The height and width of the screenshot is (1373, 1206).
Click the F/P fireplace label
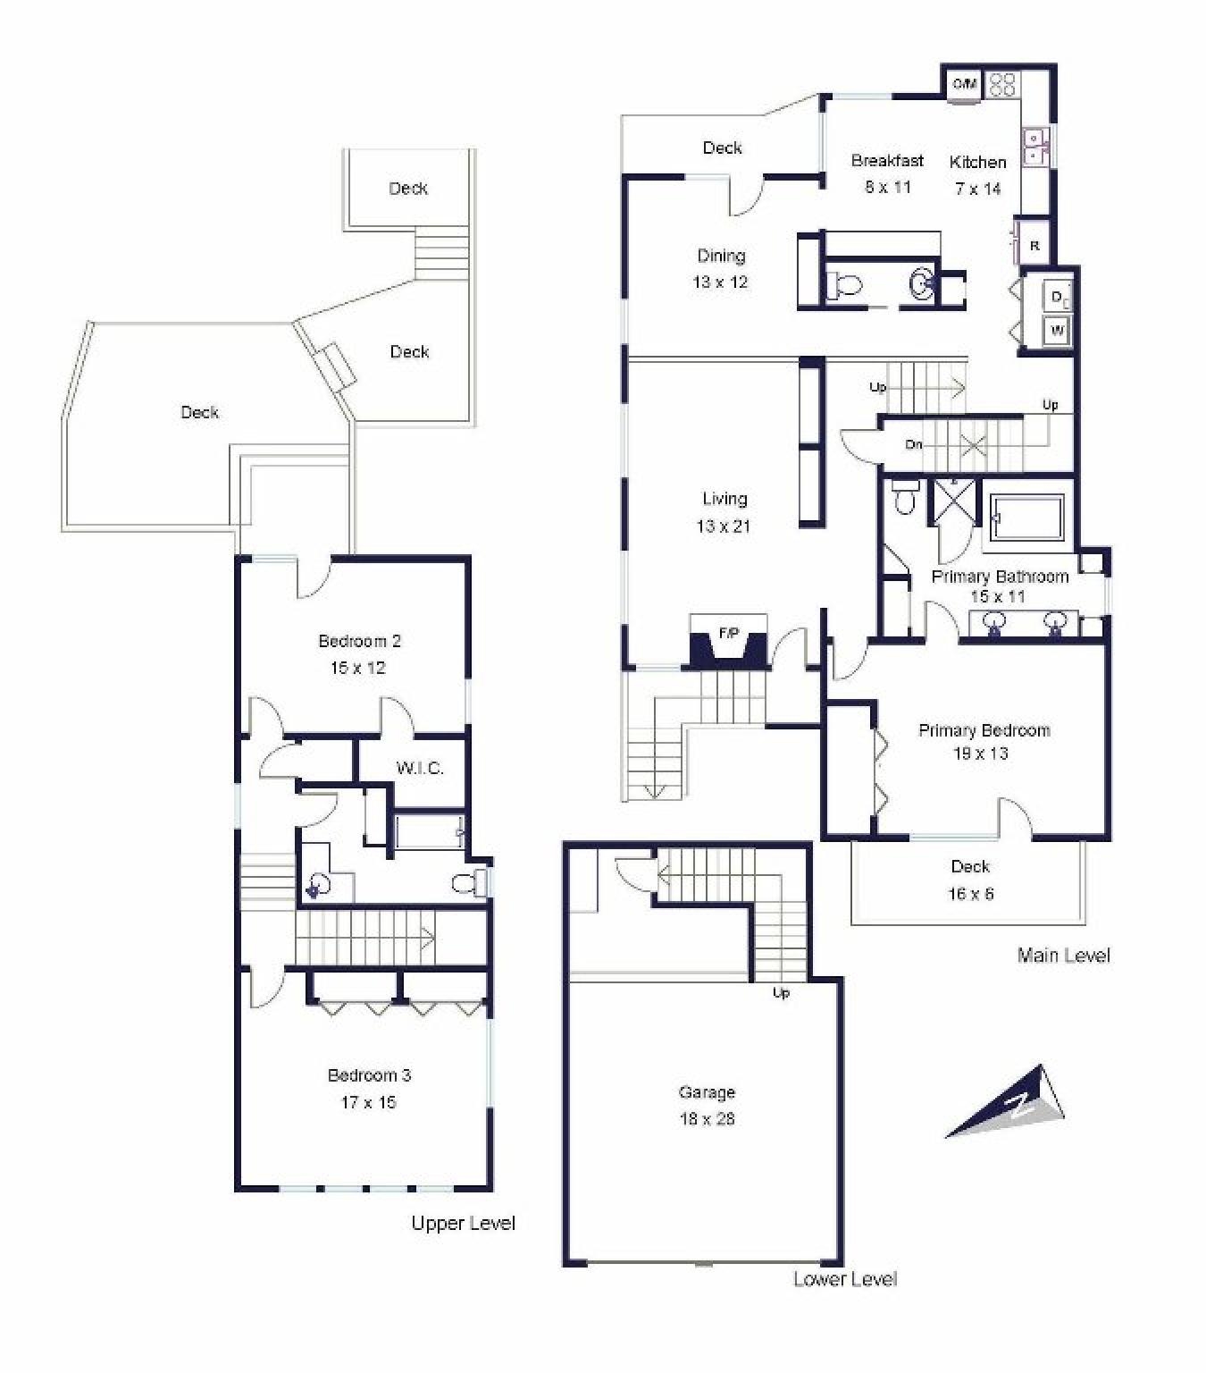[x=729, y=633]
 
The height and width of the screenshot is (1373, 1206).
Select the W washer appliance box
[x=1056, y=332]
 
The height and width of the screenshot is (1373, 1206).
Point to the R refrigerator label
[x=1034, y=246]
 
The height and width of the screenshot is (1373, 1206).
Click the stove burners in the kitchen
[x=1002, y=85]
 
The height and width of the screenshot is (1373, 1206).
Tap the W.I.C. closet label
[x=420, y=769]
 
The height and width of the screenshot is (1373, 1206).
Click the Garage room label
[x=707, y=1091]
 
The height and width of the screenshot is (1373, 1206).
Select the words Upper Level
[x=463, y=1223]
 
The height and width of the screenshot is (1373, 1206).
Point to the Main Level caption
[x=1064, y=956]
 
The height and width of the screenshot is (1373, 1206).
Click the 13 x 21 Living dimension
[x=724, y=526]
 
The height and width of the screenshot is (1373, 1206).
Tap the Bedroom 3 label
[x=369, y=1074]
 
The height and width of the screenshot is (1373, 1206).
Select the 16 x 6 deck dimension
[x=970, y=894]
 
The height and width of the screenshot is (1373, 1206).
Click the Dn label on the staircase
[x=914, y=444]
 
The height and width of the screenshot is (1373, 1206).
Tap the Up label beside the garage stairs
[x=781, y=993]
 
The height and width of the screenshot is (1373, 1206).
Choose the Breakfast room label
[x=887, y=161]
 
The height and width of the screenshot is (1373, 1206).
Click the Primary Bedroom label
[x=984, y=730]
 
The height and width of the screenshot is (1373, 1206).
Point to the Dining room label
[x=721, y=256]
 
